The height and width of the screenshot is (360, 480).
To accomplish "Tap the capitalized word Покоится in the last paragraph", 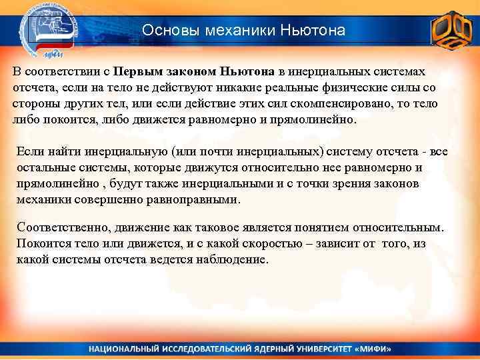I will click(x=41, y=244).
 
